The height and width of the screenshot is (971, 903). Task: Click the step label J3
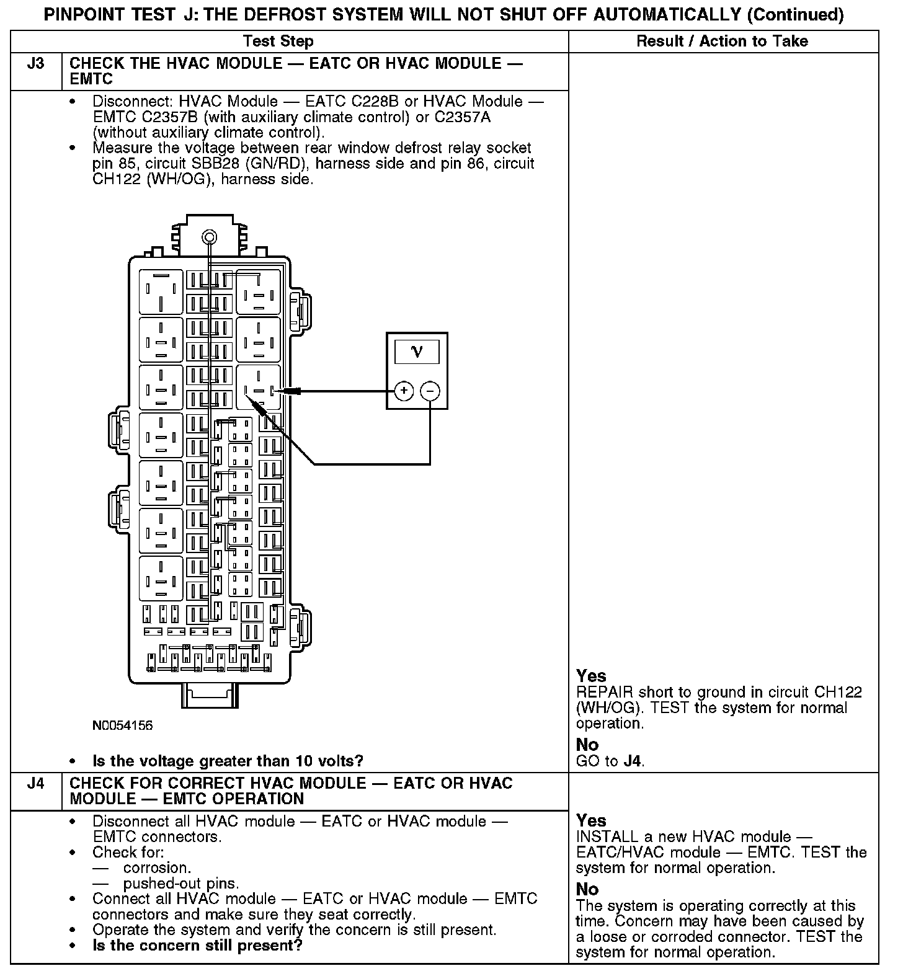36,64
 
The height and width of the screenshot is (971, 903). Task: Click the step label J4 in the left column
36,783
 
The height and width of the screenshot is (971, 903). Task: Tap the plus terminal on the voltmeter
404,391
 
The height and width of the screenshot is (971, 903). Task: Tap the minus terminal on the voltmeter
430,391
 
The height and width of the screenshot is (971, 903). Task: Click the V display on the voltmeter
417,352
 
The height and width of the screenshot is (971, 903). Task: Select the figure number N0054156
122,725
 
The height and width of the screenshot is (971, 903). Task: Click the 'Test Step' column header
278,42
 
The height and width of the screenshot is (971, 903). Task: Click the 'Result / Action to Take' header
722,42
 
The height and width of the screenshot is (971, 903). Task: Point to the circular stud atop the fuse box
209,237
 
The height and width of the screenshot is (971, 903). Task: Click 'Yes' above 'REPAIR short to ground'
591,676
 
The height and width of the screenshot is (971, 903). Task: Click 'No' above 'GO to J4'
587,744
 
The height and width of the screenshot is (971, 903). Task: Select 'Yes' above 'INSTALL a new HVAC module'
591,820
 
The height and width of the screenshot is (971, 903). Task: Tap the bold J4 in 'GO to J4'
633,761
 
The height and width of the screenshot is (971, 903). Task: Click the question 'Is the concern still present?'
197,946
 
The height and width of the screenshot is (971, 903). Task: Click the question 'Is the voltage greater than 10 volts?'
228,761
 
